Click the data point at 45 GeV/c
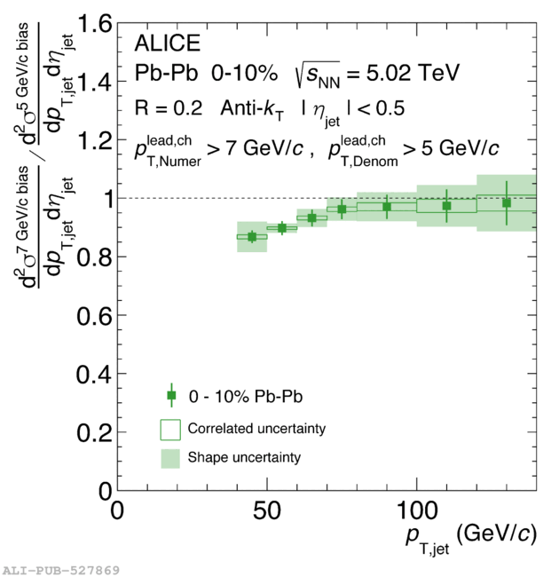[x=252, y=236]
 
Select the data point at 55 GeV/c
[x=282, y=228]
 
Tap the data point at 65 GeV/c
[x=311, y=217]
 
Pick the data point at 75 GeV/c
[x=342, y=209]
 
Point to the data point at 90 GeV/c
[x=387, y=207]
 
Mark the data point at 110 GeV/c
[x=447, y=206]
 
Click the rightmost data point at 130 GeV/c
[x=507, y=202]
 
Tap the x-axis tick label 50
[x=267, y=512]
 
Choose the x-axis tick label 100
[x=415, y=512]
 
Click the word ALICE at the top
[x=167, y=43]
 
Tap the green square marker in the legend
[x=171, y=395]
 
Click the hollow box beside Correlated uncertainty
[x=171, y=429]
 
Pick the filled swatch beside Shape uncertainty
[x=171, y=458]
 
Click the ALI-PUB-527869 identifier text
[x=60, y=569]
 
